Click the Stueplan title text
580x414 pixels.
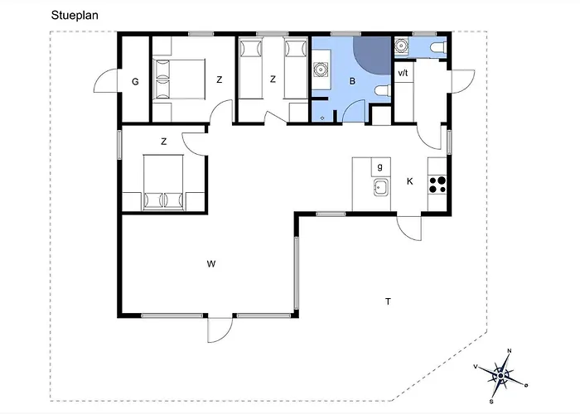pyautogui.click(x=75, y=16)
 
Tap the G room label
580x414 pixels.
pyautogui.click(x=135, y=82)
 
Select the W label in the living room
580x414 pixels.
pyautogui.click(x=210, y=264)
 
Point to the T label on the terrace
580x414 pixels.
pyautogui.click(x=388, y=301)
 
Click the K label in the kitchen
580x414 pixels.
pyautogui.click(x=410, y=181)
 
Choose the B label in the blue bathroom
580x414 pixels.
pyautogui.click(x=352, y=81)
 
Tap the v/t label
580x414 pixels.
pyautogui.click(x=403, y=73)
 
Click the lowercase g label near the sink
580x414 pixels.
pyautogui.click(x=379, y=166)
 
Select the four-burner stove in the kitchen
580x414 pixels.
pyautogui.click(x=437, y=185)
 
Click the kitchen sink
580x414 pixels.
pyautogui.click(x=380, y=187)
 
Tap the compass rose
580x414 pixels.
pyautogui.click(x=500, y=376)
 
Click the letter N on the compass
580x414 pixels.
pyautogui.click(x=510, y=351)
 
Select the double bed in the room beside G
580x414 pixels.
pyautogui.click(x=179, y=79)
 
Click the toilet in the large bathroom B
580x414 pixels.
pyautogui.click(x=383, y=90)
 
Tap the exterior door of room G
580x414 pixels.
pyautogui.click(x=105, y=80)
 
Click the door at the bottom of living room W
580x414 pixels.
pyautogui.click(x=220, y=329)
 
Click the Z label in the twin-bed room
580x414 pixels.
pyautogui.click(x=273, y=79)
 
